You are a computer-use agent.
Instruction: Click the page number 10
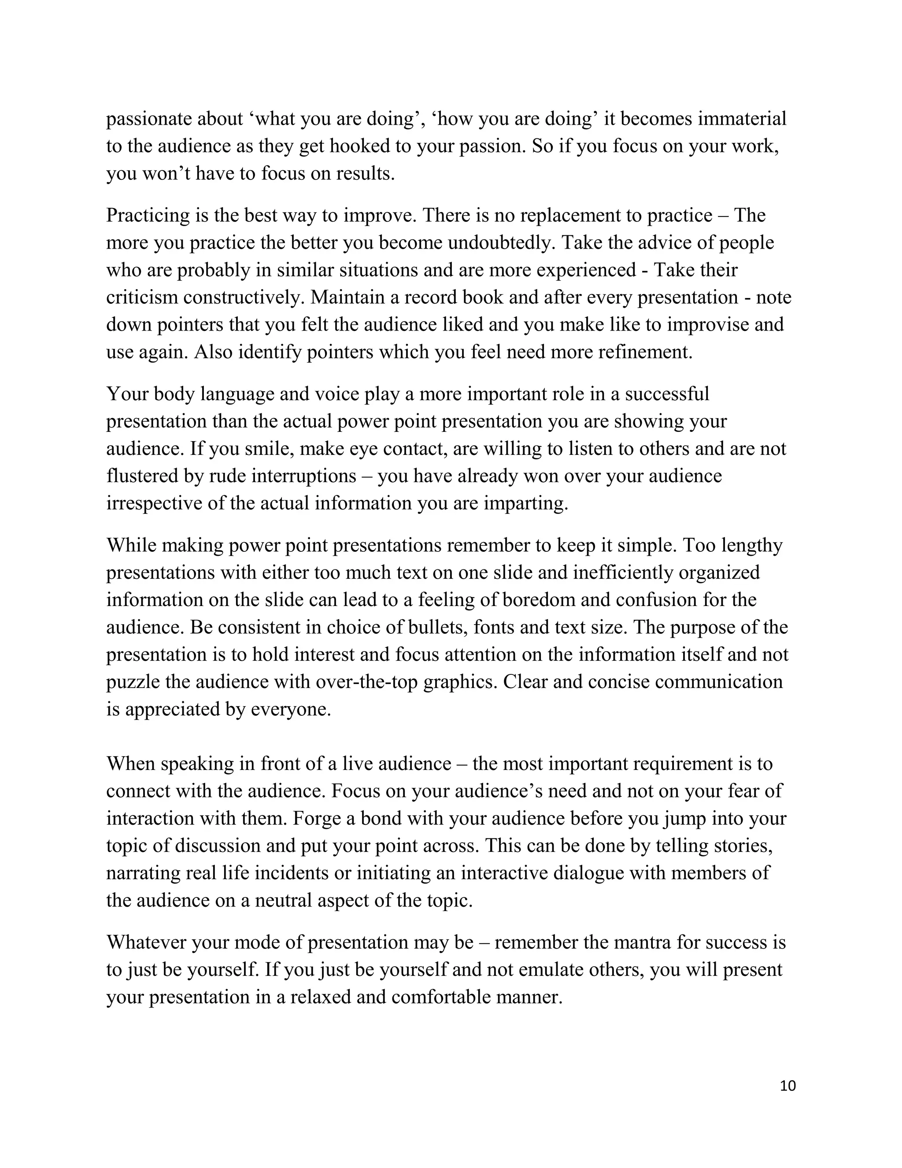pos(787,1086)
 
